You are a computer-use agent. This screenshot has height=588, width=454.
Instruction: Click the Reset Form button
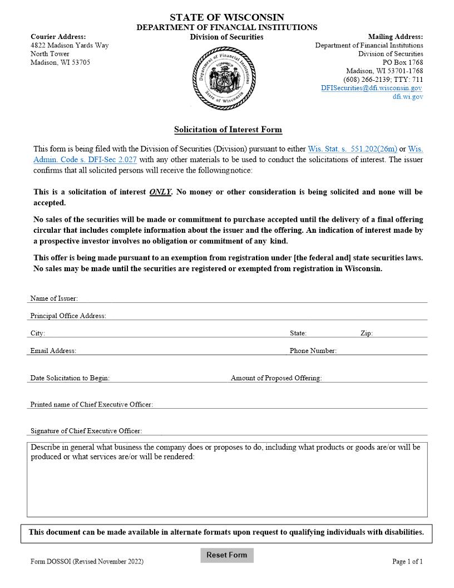[x=226, y=555]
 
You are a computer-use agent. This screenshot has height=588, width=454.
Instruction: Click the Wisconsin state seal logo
[x=224, y=78]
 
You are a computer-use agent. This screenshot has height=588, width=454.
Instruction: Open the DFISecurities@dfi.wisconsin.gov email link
[x=371, y=88]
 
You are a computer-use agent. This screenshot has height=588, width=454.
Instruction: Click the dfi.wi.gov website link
[x=407, y=97]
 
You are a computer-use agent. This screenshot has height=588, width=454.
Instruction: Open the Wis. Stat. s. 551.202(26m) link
[x=352, y=149]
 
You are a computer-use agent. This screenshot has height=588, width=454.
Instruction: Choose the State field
[x=331, y=333]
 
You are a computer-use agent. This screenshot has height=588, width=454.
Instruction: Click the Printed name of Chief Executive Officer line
[x=289, y=404]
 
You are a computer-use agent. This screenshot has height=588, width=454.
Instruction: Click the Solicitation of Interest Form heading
[x=228, y=130]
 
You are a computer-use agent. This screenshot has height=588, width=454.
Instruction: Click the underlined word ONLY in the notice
[x=160, y=192]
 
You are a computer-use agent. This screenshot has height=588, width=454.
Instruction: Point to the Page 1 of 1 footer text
[x=407, y=561]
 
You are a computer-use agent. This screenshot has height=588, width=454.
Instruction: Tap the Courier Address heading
[x=58, y=37]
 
